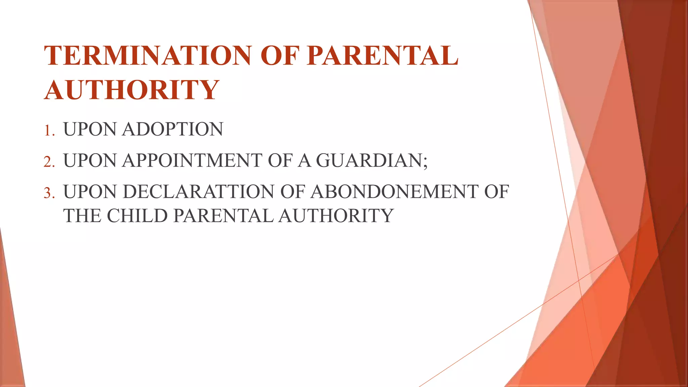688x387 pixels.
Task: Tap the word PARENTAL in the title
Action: point(382,55)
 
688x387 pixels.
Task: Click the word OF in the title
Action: point(279,55)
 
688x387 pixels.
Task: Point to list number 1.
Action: point(49,130)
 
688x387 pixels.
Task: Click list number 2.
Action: point(49,162)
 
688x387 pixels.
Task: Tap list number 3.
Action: point(49,193)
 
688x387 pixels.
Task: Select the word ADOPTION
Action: point(173,129)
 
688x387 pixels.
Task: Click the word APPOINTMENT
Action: point(192,160)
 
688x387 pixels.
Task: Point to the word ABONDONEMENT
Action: point(394,192)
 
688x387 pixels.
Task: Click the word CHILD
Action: point(137,216)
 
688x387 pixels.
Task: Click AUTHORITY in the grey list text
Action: point(336,216)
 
